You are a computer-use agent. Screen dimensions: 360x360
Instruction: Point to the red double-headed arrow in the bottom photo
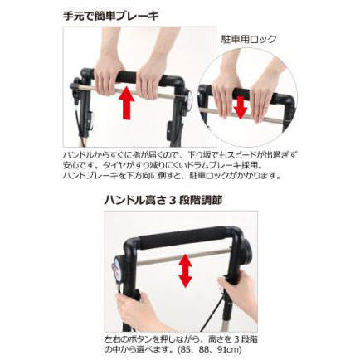(185, 270)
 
